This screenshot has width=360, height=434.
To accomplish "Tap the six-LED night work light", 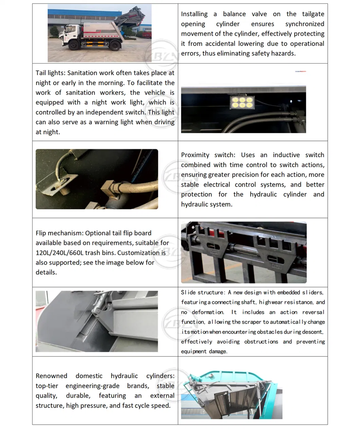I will click(241, 101).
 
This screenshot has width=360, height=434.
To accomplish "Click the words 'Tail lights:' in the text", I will click(51, 73).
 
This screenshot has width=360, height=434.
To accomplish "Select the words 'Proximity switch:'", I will click(208, 155).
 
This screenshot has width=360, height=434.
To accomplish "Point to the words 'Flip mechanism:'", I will click(59, 233).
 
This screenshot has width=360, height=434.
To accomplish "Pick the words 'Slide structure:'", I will click(203, 293).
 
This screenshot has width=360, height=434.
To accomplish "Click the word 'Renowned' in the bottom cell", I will click(51, 376).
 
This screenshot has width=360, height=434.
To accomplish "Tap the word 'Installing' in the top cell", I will click(194, 14).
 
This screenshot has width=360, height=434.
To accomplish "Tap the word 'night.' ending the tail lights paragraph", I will click(48, 132).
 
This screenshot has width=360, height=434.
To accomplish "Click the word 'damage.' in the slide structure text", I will click(218, 352).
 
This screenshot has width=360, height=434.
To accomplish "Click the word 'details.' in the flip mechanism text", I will click(46, 272).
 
